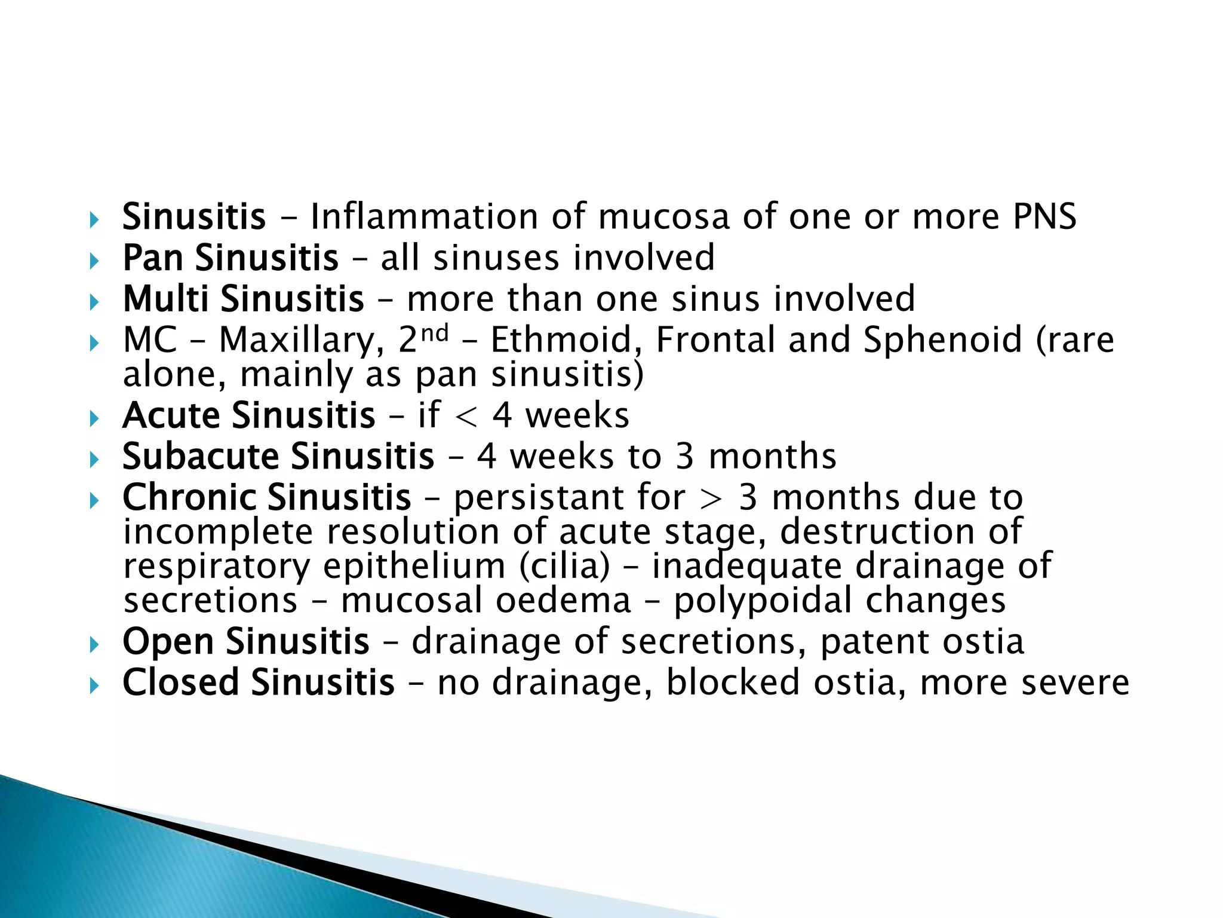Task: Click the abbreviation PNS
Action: coord(1044,216)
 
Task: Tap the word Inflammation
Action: coord(423,216)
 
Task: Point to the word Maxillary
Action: coord(302,341)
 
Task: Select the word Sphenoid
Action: coord(943,340)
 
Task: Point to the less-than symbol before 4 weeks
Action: coord(466,417)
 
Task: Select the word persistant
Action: coord(569,498)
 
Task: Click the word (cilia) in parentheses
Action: coord(564,566)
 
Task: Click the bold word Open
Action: coord(168,642)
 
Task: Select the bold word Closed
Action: coord(180,683)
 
